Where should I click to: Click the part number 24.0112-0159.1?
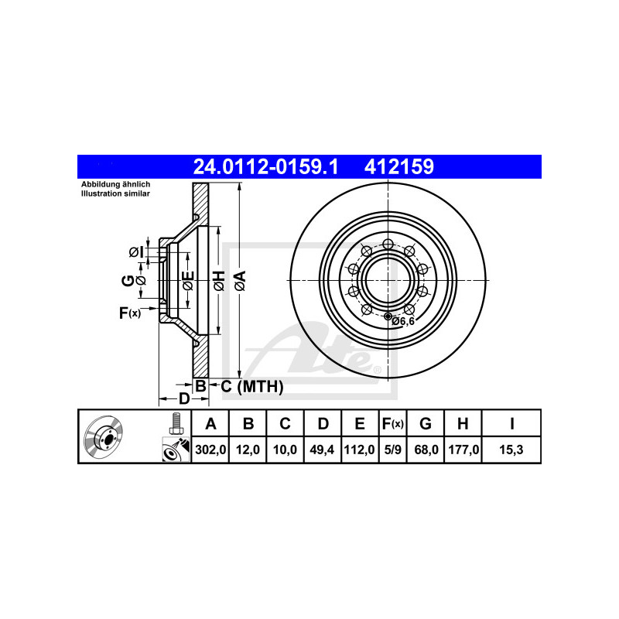point(265,166)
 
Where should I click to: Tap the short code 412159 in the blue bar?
point(398,166)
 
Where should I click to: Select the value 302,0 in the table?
point(210,450)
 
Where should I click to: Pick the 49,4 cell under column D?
point(322,450)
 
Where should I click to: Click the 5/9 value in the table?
point(392,450)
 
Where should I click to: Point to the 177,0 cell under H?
point(463,450)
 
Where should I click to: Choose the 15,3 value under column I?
point(511,450)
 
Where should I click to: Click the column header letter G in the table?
point(425,423)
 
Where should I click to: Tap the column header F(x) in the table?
point(393,423)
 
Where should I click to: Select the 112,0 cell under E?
point(359,450)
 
